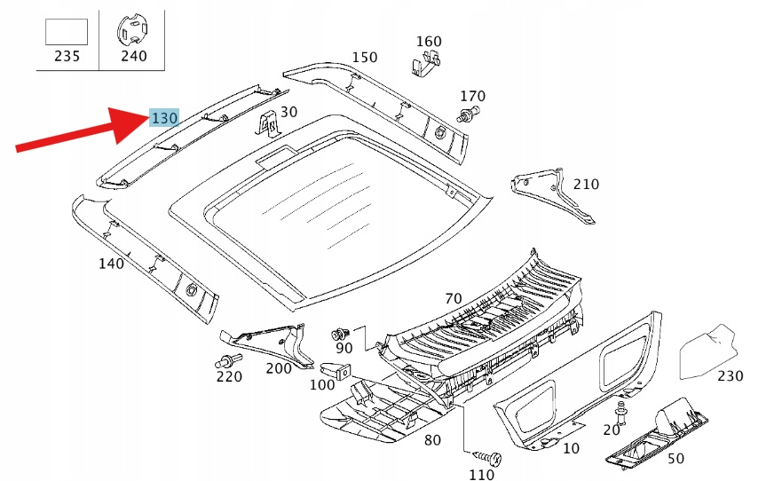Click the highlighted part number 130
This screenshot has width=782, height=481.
point(164,117)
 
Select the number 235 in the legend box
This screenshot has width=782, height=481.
point(67,56)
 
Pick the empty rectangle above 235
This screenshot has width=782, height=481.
point(67,31)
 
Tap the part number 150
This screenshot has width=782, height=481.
point(364,58)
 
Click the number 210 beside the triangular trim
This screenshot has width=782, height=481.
point(586,185)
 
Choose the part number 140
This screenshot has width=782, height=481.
point(111,263)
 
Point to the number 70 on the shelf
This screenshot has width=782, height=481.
point(454,298)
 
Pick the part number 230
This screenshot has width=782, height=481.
point(730,375)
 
